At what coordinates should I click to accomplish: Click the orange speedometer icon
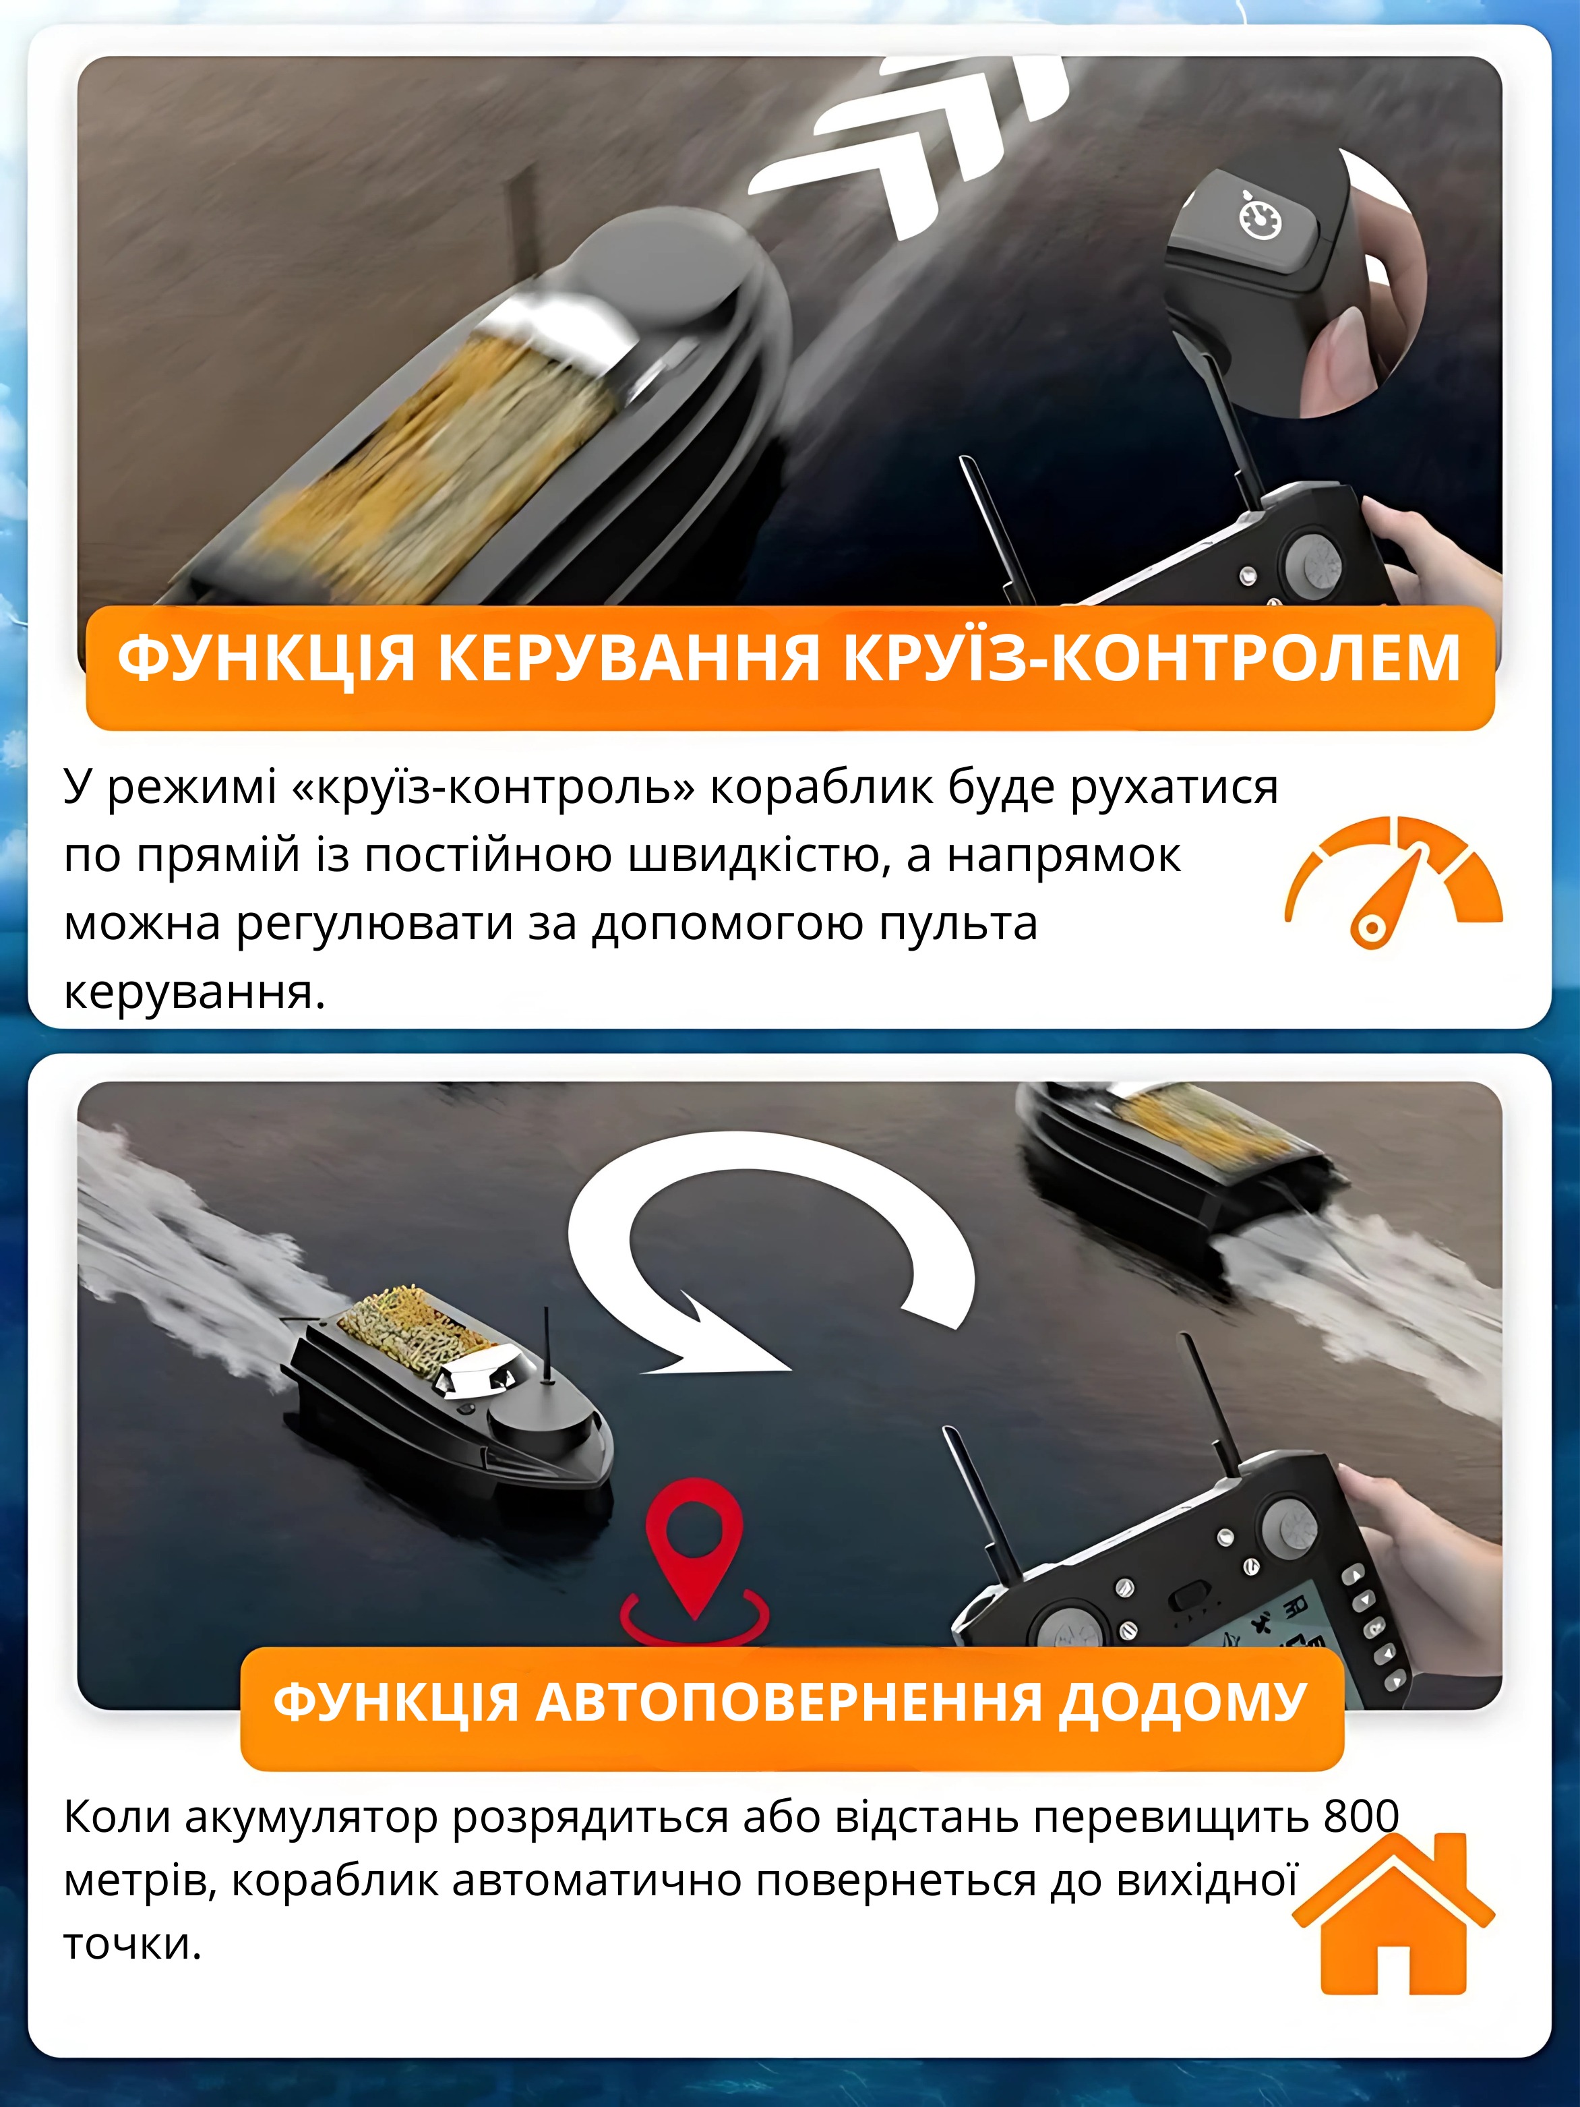tap(1393, 881)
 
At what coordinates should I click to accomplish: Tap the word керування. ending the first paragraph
tap(195, 992)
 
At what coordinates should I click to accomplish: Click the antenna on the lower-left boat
tap(547, 1345)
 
